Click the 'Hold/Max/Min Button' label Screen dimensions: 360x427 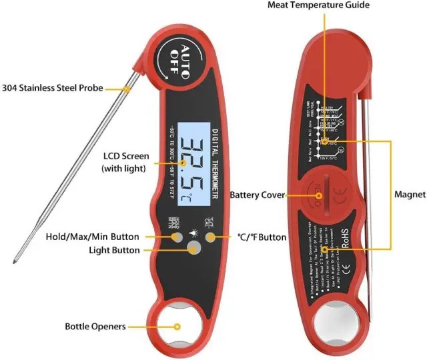pos(93,237)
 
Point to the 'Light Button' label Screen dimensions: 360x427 pos(115,250)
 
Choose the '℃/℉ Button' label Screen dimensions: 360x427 pos(262,237)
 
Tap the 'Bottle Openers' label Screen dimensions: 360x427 pos(95,327)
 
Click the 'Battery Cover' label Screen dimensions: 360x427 pos(258,195)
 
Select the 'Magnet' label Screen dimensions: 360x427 pos(409,195)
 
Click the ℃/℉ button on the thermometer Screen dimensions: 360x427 pos(210,237)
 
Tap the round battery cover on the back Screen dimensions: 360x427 pos(320,195)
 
